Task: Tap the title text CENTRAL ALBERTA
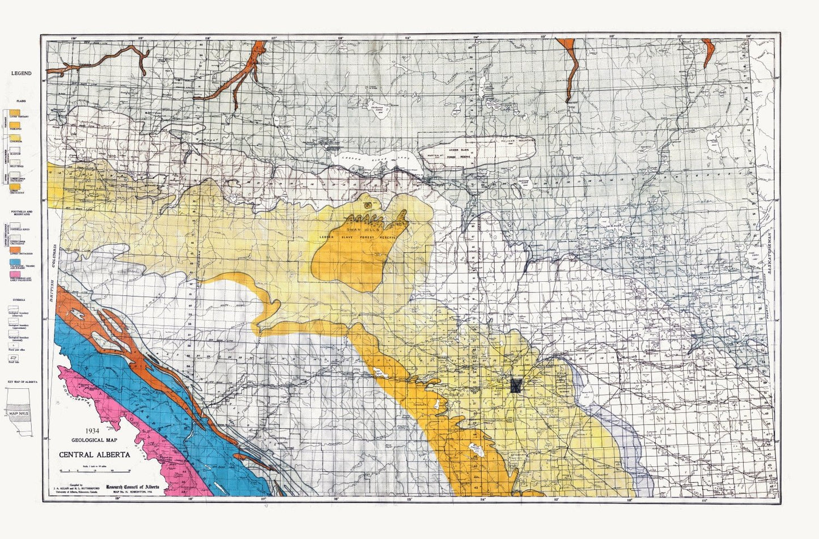95,455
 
